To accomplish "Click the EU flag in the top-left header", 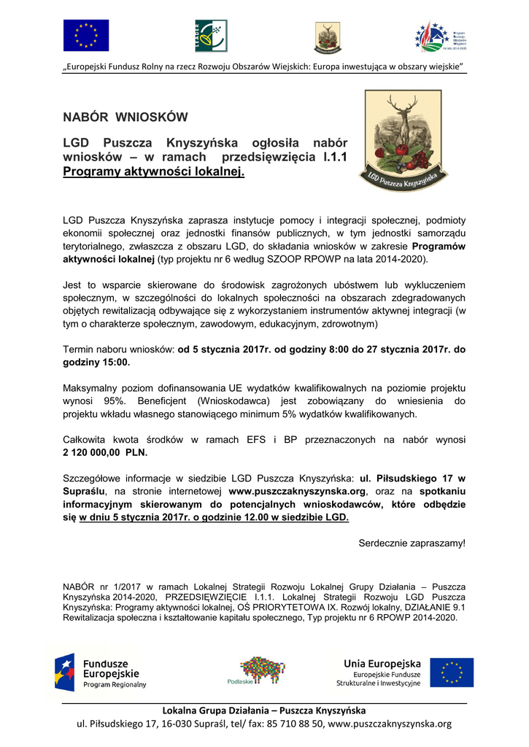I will click(x=85, y=35).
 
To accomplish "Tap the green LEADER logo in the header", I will click(x=211, y=36).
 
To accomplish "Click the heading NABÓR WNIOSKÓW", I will click(x=125, y=117).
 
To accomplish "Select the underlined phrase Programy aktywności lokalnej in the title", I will click(x=153, y=172).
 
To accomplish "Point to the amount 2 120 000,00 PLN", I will click(x=105, y=452).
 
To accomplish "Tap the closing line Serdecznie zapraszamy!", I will click(x=412, y=543).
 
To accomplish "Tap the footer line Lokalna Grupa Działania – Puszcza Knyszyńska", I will click(x=263, y=711).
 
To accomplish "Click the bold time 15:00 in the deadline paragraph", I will click(x=112, y=362).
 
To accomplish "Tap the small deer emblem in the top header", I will click(x=327, y=36).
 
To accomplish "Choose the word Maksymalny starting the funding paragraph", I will click(x=93, y=388).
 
